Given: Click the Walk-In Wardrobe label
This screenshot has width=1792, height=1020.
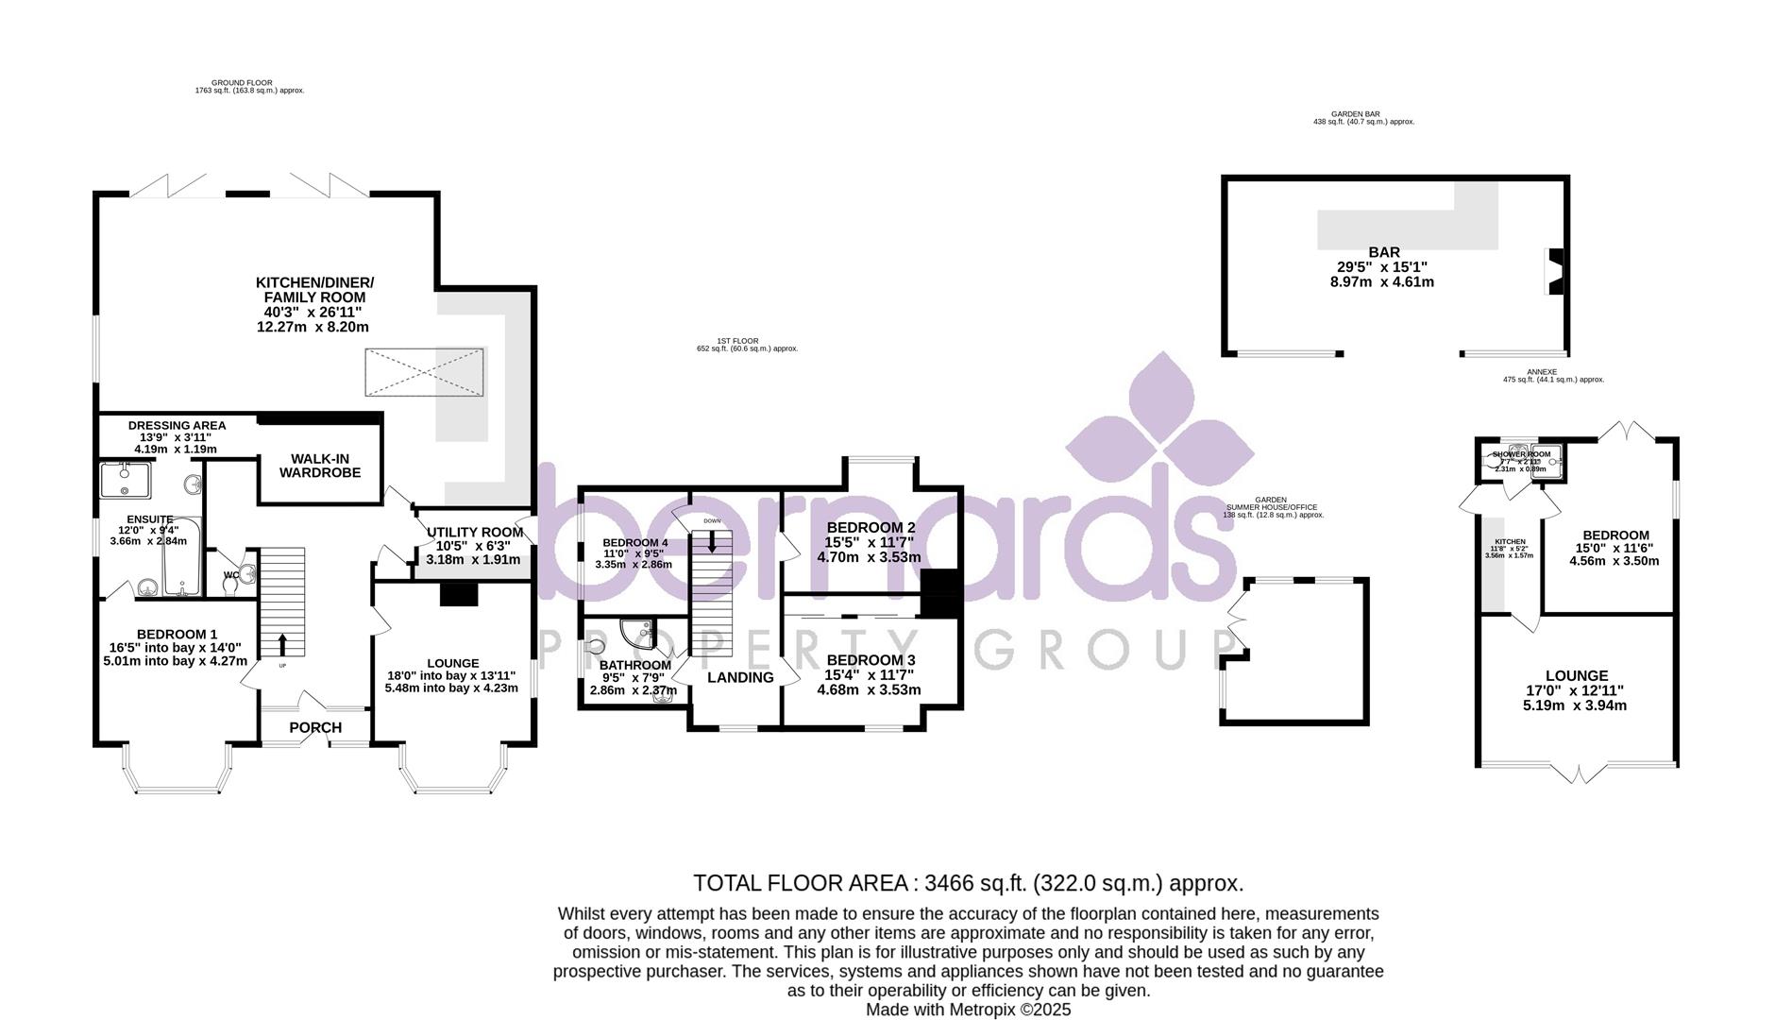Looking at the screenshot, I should pyautogui.click(x=319, y=466).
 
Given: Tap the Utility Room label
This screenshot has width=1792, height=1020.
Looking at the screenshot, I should pyautogui.click(x=474, y=533).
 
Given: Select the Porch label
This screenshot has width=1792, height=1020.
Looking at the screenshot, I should pyautogui.click(x=315, y=727).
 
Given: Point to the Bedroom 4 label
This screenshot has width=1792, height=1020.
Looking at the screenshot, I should pyautogui.click(x=634, y=543).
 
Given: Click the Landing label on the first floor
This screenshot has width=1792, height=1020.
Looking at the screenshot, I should pyautogui.click(x=740, y=677).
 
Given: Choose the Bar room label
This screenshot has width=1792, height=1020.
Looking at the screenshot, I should pyautogui.click(x=1384, y=252).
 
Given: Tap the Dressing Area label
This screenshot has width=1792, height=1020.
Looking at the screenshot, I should pyautogui.click(x=177, y=426).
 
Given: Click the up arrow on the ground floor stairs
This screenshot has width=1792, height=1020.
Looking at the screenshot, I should pyautogui.click(x=281, y=646).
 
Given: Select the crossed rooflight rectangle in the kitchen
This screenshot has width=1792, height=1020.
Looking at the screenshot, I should pyautogui.click(x=425, y=371).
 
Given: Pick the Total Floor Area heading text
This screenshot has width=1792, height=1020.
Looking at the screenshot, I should pyautogui.click(x=968, y=883).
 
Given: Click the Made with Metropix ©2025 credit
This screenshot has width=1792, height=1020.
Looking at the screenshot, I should pyautogui.click(x=969, y=1010).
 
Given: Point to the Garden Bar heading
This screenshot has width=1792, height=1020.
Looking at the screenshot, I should pyautogui.click(x=1362, y=113).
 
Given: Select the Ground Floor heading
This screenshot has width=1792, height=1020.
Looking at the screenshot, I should pyautogui.click(x=242, y=83).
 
